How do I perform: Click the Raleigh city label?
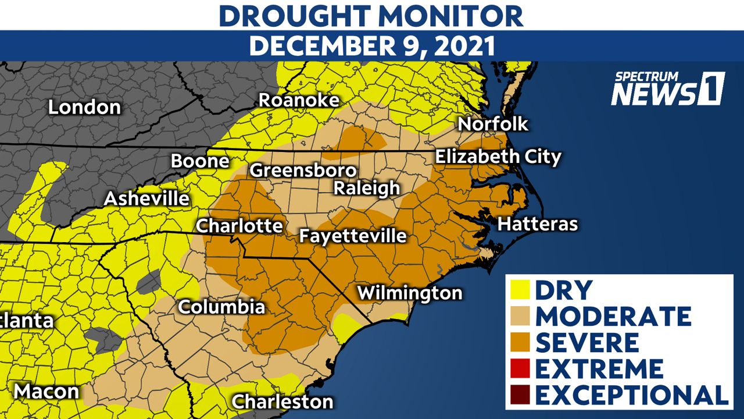[366, 189]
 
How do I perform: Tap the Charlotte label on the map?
[239, 226]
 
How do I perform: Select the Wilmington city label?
[410, 293]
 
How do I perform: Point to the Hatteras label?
[538, 224]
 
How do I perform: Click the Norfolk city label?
[493, 124]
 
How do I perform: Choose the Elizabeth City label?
[498, 157]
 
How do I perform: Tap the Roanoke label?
[299, 100]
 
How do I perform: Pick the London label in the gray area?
[84, 107]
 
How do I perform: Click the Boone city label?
[199, 161]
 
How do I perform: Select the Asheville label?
[146, 199]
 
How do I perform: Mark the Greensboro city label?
[303, 171]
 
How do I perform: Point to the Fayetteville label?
[352, 236]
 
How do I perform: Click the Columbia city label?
[221, 307]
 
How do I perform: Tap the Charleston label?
[282, 402]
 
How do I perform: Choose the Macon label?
[46, 391]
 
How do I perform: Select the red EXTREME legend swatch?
[520, 369]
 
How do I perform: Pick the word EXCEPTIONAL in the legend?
[631, 395]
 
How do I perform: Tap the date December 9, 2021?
[372, 46]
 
